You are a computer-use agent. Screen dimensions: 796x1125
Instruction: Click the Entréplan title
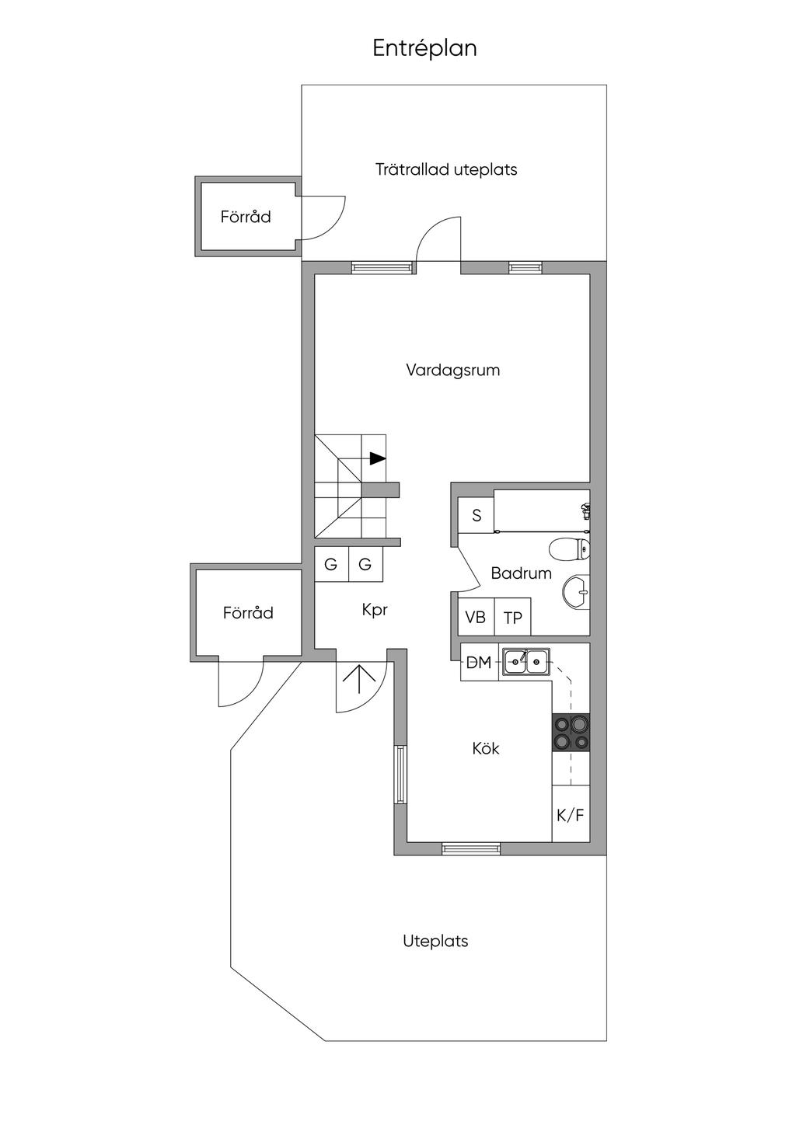pyautogui.click(x=424, y=49)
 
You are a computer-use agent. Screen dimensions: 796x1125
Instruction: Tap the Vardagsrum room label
pyautogui.click(x=452, y=371)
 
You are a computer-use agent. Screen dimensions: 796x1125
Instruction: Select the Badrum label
pyautogui.click(x=521, y=573)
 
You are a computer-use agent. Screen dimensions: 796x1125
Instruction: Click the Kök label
pyautogui.click(x=486, y=749)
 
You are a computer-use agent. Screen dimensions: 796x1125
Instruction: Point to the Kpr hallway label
pyautogui.click(x=375, y=610)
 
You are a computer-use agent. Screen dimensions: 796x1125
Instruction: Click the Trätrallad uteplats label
pyautogui.click(x=446, y=169)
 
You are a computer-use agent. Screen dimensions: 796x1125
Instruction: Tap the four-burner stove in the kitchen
pyautogui.click(x=571, y=732)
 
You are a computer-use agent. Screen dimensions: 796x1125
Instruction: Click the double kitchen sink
pyautogui.click(x=526, y=661)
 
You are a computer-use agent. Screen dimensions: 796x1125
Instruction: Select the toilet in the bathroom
pyautogui.click(x=571, y=549)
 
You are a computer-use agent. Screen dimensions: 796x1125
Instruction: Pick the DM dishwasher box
pyautogui.click(x=479, y=663)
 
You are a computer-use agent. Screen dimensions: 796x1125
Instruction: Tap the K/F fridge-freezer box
pyautogui.click(x=571, y=815)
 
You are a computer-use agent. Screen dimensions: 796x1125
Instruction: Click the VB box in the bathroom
pyautogui.click(x=476, y=617)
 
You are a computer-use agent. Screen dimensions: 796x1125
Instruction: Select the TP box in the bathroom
pyautogui.click(x=512, y=617)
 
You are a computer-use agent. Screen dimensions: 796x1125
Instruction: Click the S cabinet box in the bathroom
pyautogui.click(x=477, y=515)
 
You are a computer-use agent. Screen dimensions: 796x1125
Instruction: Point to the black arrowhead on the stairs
pyautogui.click(x=378, y=458)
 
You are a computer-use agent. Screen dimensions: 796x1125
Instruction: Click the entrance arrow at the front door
pyautogui.click(x=359, y=678)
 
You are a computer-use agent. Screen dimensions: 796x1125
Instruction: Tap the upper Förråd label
pyautogui.click(x=246, y=217)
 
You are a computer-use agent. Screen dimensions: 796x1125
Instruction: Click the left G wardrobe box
pyautogui.click(x=331, y=564)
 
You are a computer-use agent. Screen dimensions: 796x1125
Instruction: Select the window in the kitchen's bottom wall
pyautogui.click(x=471, y=848)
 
